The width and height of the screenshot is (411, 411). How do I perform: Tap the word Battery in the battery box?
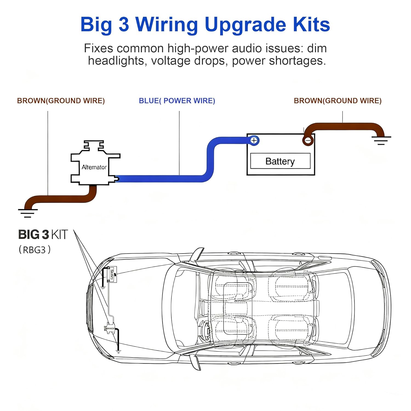click(280, 161)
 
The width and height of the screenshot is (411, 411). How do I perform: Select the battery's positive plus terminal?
click(254, 140)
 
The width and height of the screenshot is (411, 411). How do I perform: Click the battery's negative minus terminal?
click(308, 140)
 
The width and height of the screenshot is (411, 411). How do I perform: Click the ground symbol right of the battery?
click(381, 140)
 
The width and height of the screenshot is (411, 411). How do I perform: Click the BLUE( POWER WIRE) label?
click(177, 101)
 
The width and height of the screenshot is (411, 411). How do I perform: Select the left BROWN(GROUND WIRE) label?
click(61, 101)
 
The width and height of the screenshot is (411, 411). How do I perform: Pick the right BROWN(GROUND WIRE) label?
click(338, 101)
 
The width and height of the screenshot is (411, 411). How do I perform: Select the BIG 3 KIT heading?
click(43, 235)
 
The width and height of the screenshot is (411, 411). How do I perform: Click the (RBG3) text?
click(35, 250)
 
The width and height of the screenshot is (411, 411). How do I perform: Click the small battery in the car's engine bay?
click(112, 274)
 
